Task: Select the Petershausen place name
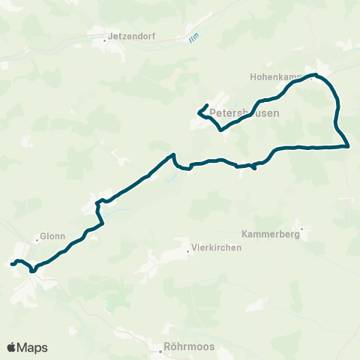pos(245,113)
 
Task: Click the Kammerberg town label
pos(271,234)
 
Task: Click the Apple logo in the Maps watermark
pos(12,347)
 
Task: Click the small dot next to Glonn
pos(37,240)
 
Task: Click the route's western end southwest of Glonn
pos(11,264)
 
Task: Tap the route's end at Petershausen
pos(207,105)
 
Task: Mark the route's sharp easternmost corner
pos(348,146)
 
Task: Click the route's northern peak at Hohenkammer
pos(316,75)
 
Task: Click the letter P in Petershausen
pos(214,113)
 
